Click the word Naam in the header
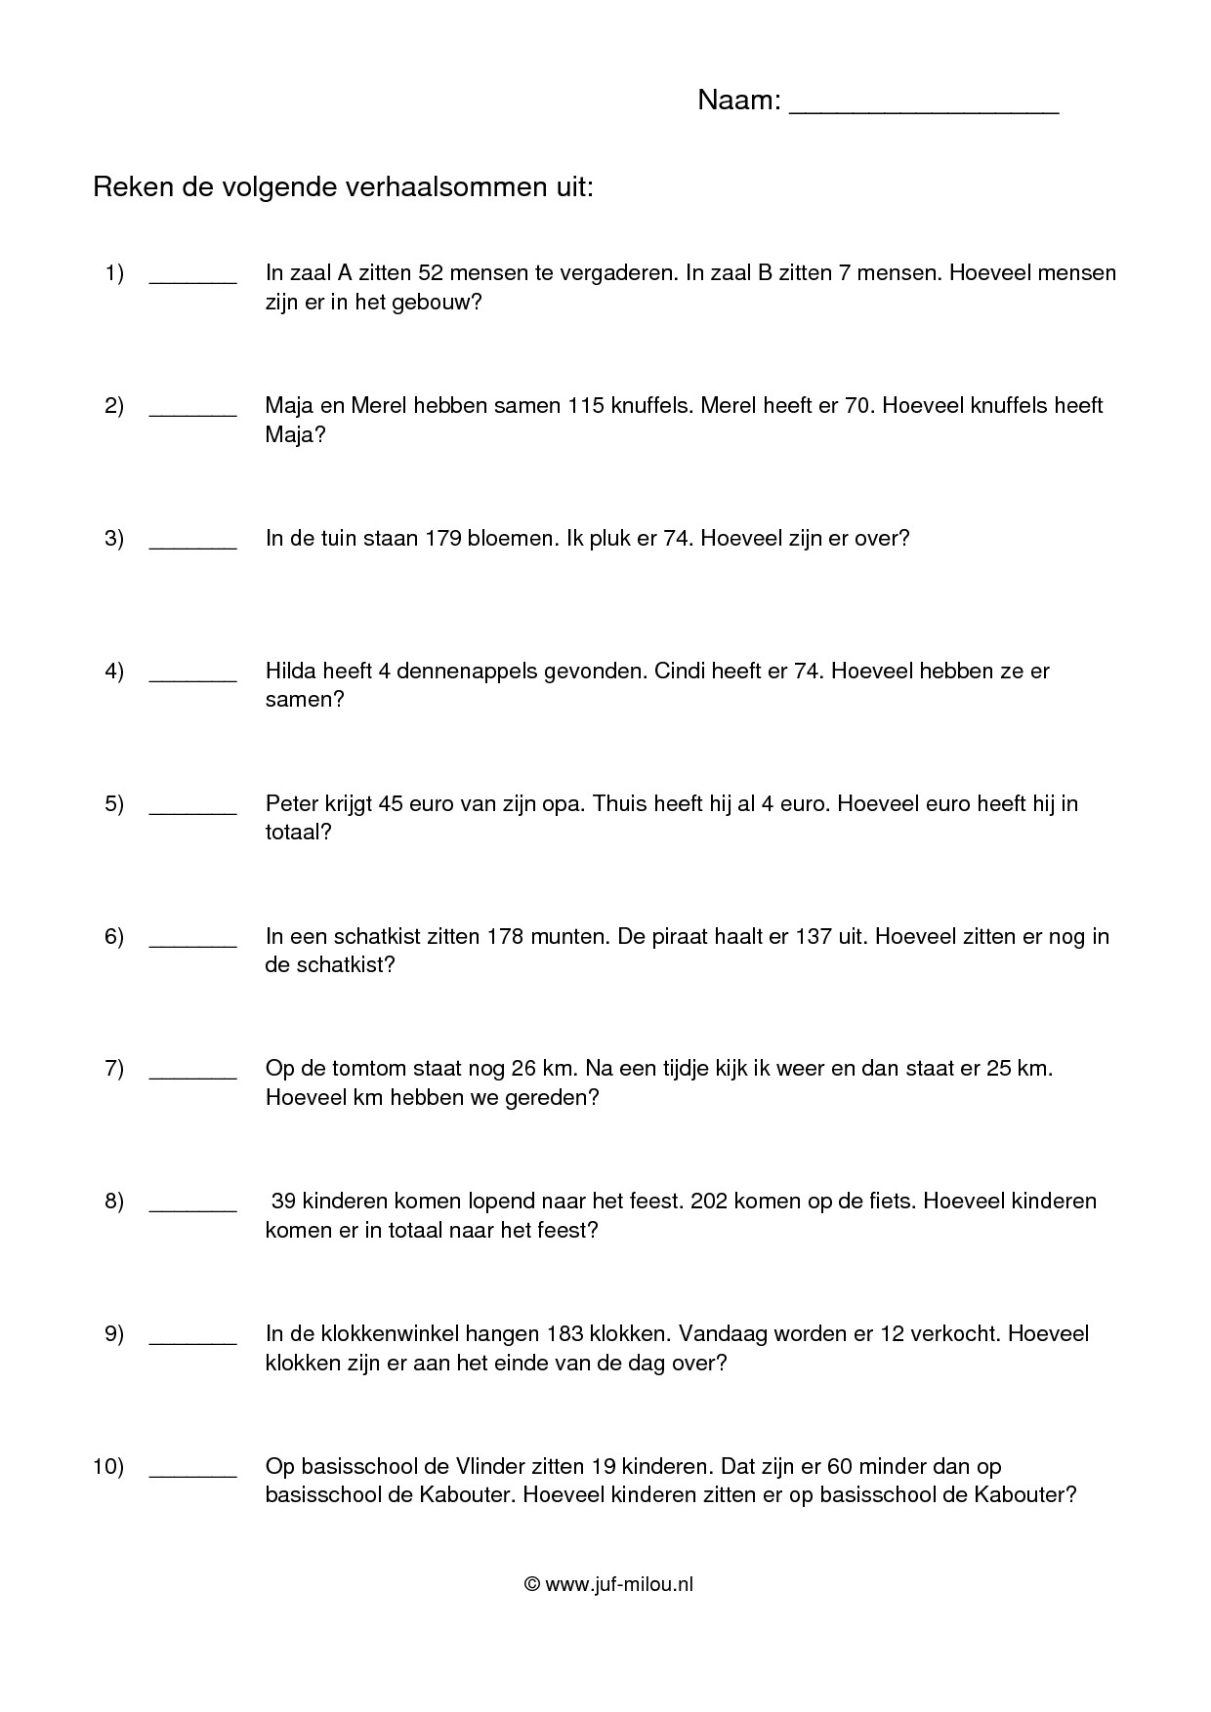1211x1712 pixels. (737, 101)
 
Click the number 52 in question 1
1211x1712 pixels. (431, 272)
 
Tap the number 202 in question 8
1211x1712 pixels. (708, 1201)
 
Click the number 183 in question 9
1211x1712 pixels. (564, 1333)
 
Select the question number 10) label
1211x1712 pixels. (108, 1466)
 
